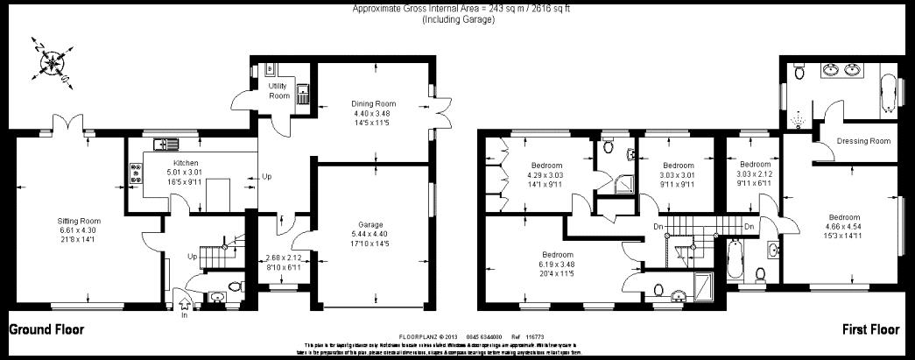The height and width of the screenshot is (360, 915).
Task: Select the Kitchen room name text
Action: [x=186, y=164]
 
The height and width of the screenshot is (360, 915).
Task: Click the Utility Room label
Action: [x=278, y=90]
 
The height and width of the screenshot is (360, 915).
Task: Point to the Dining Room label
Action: [x=374, y=103]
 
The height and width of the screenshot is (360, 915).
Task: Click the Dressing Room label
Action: [x=862, y=141]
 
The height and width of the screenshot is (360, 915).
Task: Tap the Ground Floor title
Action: [x=46, y=330]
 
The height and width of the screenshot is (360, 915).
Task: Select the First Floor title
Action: [x=870, y=330]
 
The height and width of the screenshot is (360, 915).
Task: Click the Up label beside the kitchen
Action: [x=267, y=177]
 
